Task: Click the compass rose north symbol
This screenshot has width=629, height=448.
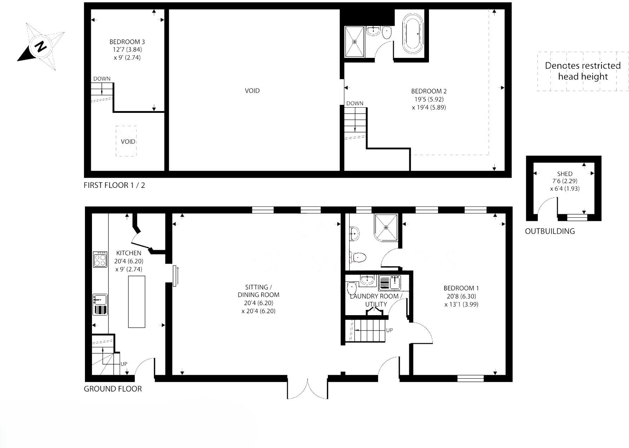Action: coord(41,47)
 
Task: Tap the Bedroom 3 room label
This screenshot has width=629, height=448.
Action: coord(127,42)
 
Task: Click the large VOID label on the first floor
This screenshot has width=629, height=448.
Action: coord(252,91)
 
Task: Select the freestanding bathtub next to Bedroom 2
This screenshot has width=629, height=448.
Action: coord(413,34)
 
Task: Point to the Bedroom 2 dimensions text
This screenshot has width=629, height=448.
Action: coord(429,103)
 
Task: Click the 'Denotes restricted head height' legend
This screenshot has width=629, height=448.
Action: coord(583,71)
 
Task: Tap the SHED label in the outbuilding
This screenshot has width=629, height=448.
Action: coord(564,174)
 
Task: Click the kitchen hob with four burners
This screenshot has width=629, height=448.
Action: coord(100,259)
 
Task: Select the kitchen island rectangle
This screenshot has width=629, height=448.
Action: coord(137,302)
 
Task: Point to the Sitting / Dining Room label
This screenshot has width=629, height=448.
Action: coord(258,291)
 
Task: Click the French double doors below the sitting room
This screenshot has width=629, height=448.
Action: coord(307,387)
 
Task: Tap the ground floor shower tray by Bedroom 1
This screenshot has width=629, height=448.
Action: coord(386,228)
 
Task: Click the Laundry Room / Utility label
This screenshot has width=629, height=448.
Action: coord(376,300)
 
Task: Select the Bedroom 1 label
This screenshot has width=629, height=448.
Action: coord(461,288)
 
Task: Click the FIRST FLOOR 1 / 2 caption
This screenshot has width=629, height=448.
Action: coord(114,185)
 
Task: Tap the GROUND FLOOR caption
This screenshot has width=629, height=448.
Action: coord(113,389)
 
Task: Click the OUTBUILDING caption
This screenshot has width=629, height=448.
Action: coord(550,231)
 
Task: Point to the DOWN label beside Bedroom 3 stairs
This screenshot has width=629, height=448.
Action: coord(102,79)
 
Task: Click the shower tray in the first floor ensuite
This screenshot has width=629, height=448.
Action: coord(355,41)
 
